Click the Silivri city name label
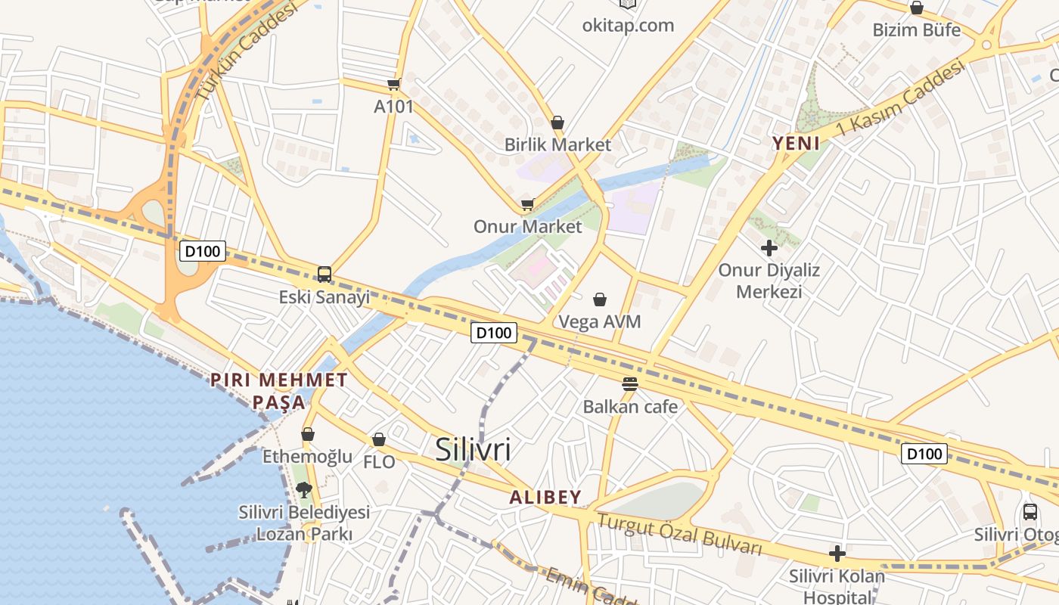point(473,450)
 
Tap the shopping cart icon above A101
point(393,84)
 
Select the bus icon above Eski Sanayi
point(325,274)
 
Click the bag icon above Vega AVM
point(600,299)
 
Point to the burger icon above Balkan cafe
point(629,383)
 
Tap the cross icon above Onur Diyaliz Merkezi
point(769,247)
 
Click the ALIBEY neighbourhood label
point(545,498)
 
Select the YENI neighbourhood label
point(796,142)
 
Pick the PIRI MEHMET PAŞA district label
point(279,390)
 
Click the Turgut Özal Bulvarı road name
point(679,534)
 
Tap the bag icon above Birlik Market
point(557,122)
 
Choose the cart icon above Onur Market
point(527,203)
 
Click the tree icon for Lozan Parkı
point(304,489)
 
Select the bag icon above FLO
point(379,439)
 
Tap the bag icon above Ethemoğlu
point(308,434)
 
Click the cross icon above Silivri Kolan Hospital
point(837,554)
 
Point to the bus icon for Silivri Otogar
point(1030,511)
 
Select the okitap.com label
point(628,25)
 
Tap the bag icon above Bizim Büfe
point(917,8)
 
